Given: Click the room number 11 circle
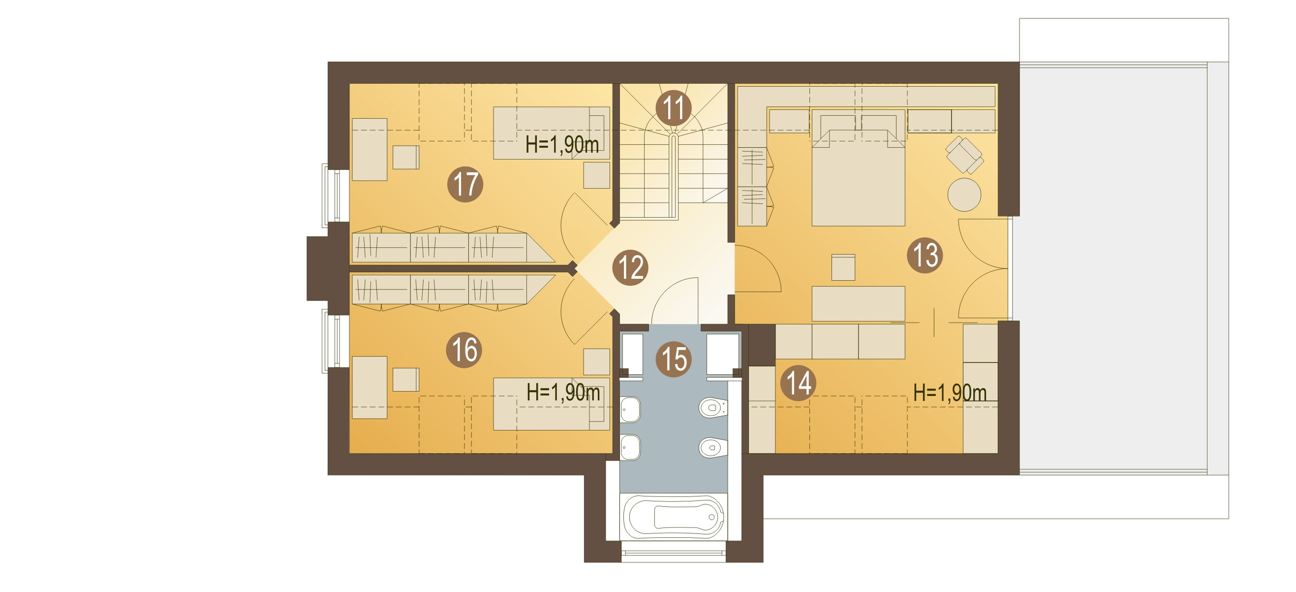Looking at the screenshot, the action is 673,108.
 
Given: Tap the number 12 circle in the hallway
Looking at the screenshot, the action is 630,267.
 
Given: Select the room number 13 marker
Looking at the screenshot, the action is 925,255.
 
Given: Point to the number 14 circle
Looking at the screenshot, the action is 798,383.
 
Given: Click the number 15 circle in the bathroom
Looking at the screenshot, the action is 673,359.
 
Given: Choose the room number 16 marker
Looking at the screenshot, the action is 464,350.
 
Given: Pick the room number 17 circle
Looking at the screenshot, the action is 465,184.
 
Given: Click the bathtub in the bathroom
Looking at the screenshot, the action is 673,517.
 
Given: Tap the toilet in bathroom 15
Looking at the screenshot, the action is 713,407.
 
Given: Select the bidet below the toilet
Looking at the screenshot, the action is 713,447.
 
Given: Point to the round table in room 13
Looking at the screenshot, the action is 964,195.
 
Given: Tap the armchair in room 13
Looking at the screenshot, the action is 964,155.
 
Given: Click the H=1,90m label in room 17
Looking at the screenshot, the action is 562,145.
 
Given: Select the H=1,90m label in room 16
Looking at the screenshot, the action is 563,393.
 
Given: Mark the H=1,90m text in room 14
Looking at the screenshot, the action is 950,393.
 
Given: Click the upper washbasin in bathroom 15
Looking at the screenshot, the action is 630,410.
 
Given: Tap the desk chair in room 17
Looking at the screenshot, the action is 405,157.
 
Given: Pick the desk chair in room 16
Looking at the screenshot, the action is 405,380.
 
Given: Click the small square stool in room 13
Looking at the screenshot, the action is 843,267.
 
